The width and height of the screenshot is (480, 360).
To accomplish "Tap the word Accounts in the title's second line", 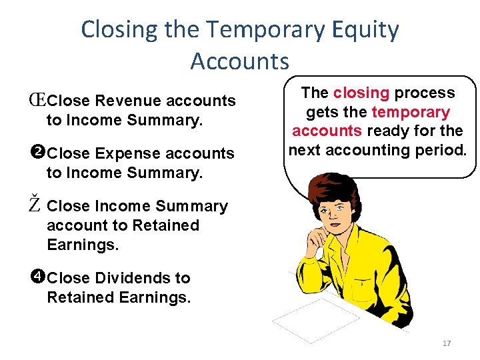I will tap(240, 61).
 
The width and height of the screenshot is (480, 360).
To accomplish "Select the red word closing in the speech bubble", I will tap(362, 93).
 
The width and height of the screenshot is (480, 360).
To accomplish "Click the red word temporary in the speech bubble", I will tap(411, 113).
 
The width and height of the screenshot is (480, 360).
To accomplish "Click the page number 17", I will tap(447, 343).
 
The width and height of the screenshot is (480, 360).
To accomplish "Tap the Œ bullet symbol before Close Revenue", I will tap(37, 101).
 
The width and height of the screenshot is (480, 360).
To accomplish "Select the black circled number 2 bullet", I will tap(37, 153).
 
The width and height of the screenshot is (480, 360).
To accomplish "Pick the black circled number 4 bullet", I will tap(37, 277).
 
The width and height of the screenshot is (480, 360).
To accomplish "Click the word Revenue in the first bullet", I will tap(128, 101).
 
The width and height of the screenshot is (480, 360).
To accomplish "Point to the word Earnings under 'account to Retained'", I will tap(83, 245).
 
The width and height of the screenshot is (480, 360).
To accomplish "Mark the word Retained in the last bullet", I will tap(80, 297).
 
